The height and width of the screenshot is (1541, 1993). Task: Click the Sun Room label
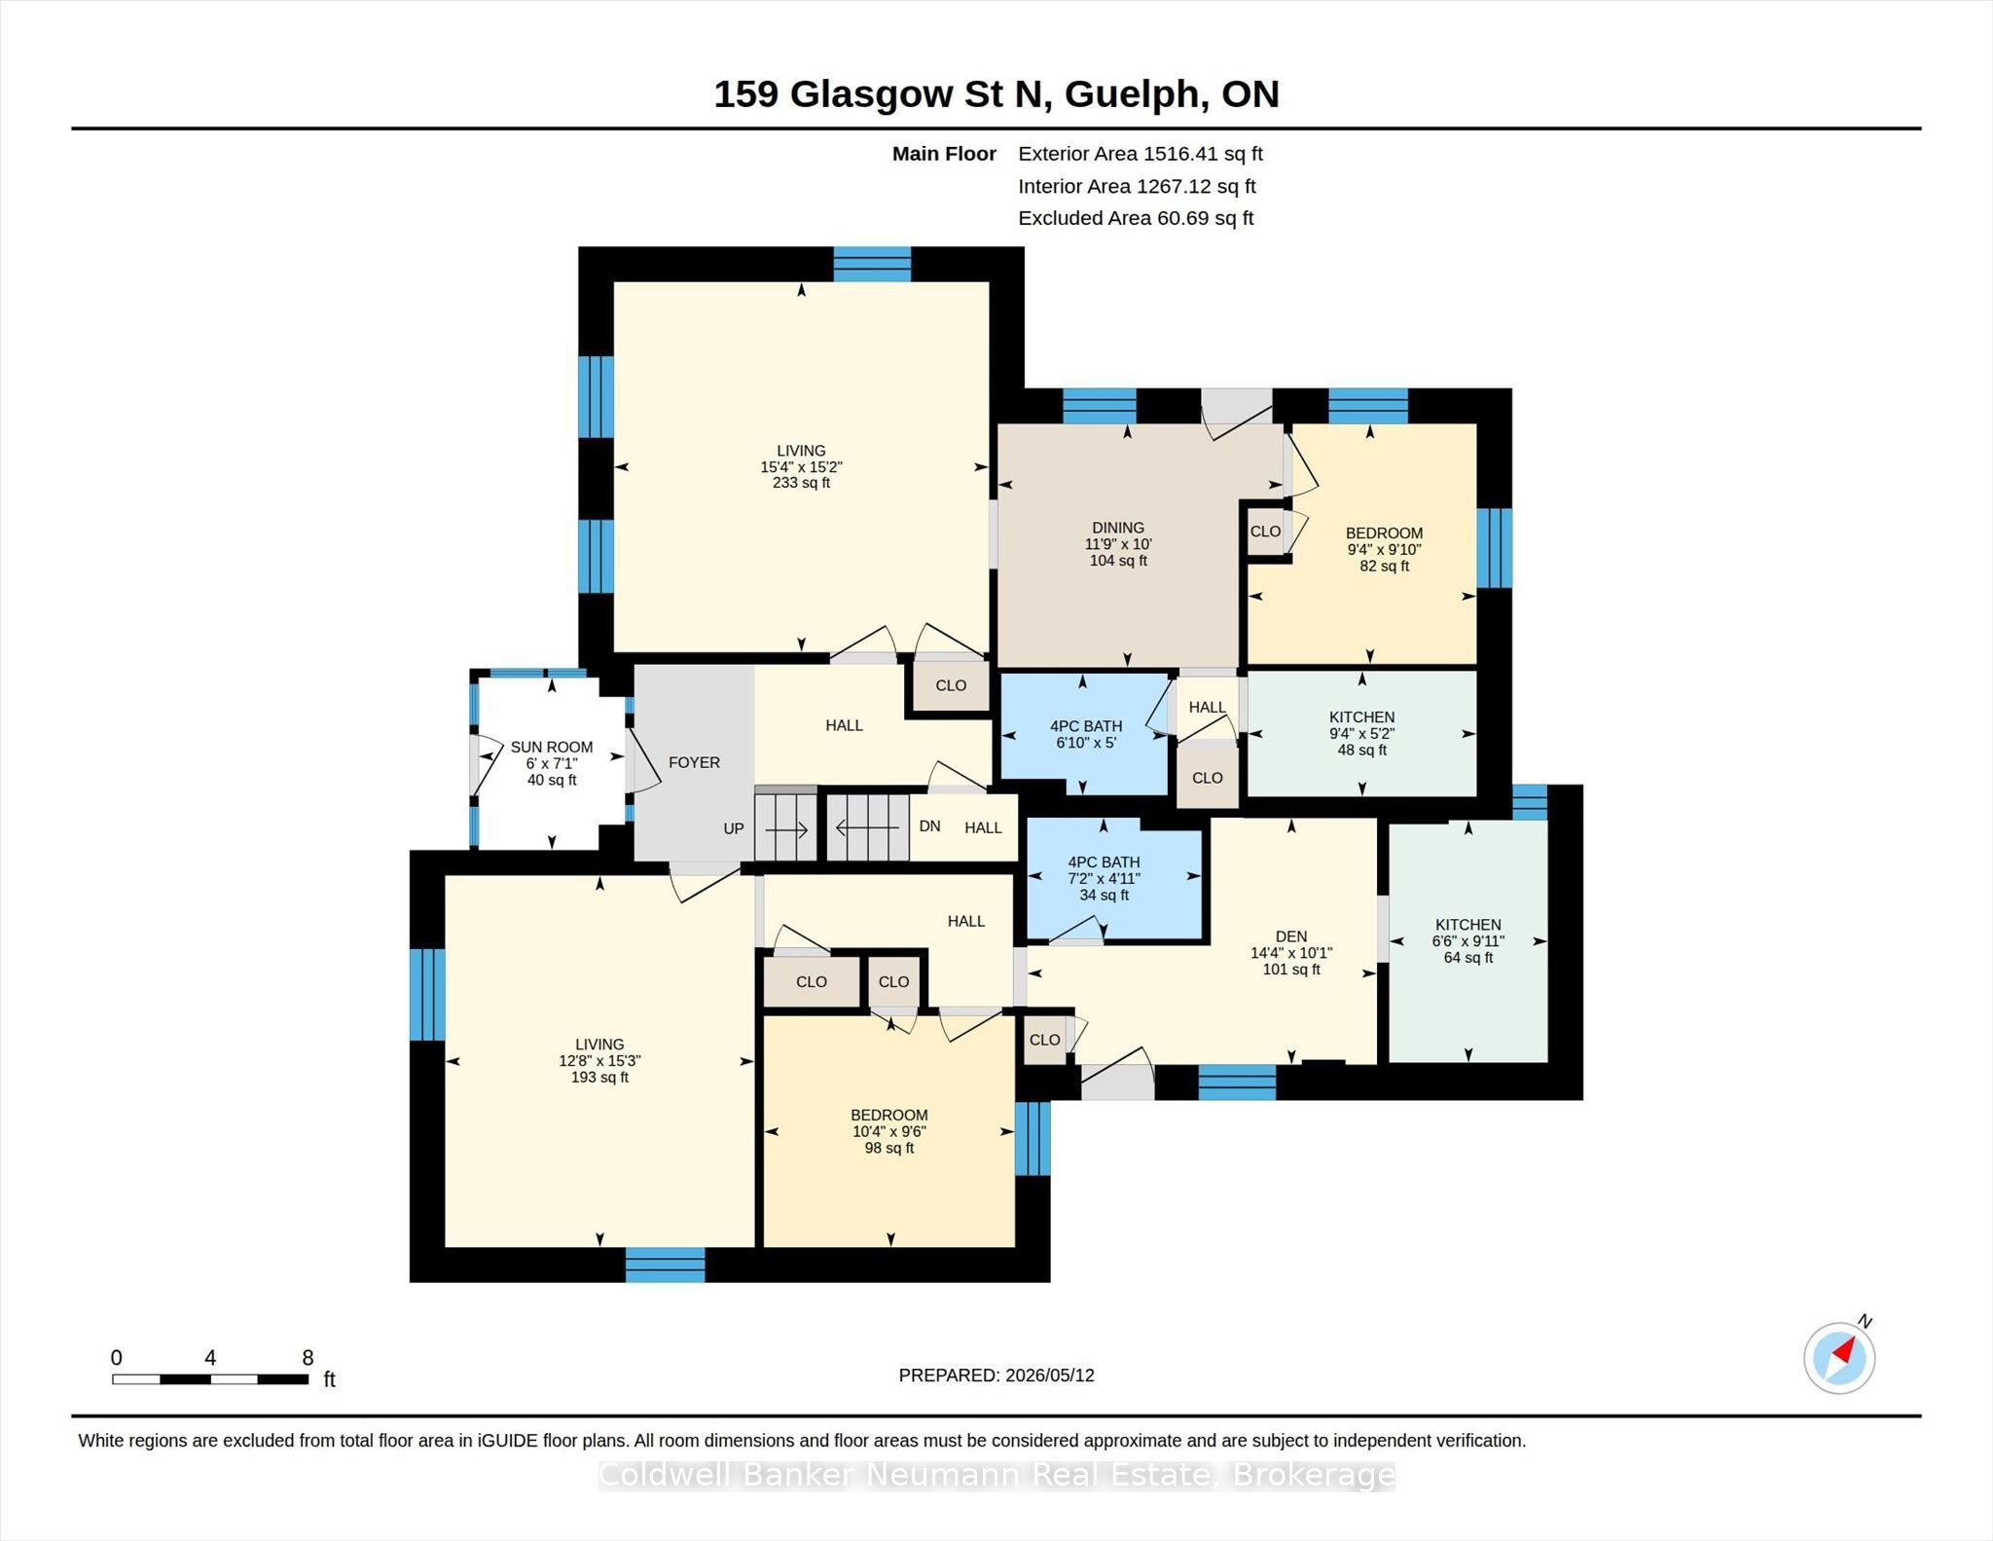[x=552, y=747]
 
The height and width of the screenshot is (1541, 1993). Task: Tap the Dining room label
[x=1118, y=528]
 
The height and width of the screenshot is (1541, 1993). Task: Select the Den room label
[x=1291, y=936]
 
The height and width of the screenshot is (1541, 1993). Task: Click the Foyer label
[x=694, y=762]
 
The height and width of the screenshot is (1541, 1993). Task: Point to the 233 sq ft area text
[x=801, y=483]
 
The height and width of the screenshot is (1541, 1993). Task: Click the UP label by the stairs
[x=734, y=828]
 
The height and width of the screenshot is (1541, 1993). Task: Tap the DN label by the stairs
[x=929, y=826]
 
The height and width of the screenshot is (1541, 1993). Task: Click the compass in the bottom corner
[x=1839, y=1357]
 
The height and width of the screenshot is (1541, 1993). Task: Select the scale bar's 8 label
[x=308, y=1357]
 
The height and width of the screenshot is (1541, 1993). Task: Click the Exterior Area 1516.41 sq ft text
[x=1141, y=154]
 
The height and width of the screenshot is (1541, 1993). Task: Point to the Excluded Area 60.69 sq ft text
[x=1136, y=218]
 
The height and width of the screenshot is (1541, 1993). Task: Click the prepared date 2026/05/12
[x=1050, y=1376]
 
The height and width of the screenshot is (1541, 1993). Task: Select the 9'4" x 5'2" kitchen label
[x=1362, y=734]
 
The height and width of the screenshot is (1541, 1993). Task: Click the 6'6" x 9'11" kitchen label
[x=1468, y=941]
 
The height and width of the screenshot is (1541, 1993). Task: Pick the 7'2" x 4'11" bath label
[x=1104, y=878]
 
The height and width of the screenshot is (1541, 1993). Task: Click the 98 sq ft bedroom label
[x=889, y=1149]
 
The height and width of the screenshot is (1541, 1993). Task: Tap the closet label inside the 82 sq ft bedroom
[x=1265, y=532]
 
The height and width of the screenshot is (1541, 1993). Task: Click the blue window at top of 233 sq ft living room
[x=872, y=265]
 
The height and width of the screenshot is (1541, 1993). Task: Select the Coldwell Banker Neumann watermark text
[x=996, y=1476]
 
